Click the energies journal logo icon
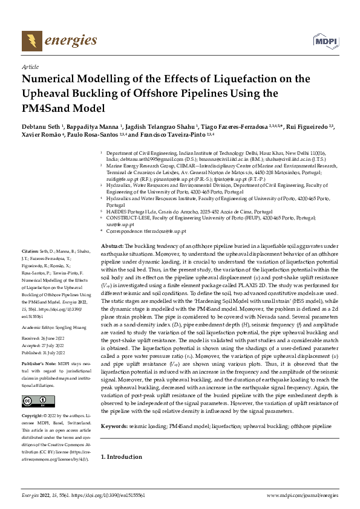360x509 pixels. [x=28, y=41]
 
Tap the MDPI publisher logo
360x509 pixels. [x=325, y=41]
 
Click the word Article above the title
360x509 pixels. [x=30, y=67]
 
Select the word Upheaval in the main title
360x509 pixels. [x=47, y=94]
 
